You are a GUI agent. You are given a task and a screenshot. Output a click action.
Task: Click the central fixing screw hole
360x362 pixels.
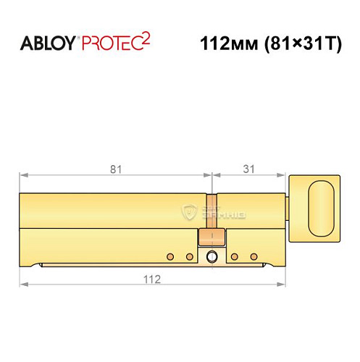212,256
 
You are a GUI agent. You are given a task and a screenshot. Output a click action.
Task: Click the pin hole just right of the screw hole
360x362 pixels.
235,256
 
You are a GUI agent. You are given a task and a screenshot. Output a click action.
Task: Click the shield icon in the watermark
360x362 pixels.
191,211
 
